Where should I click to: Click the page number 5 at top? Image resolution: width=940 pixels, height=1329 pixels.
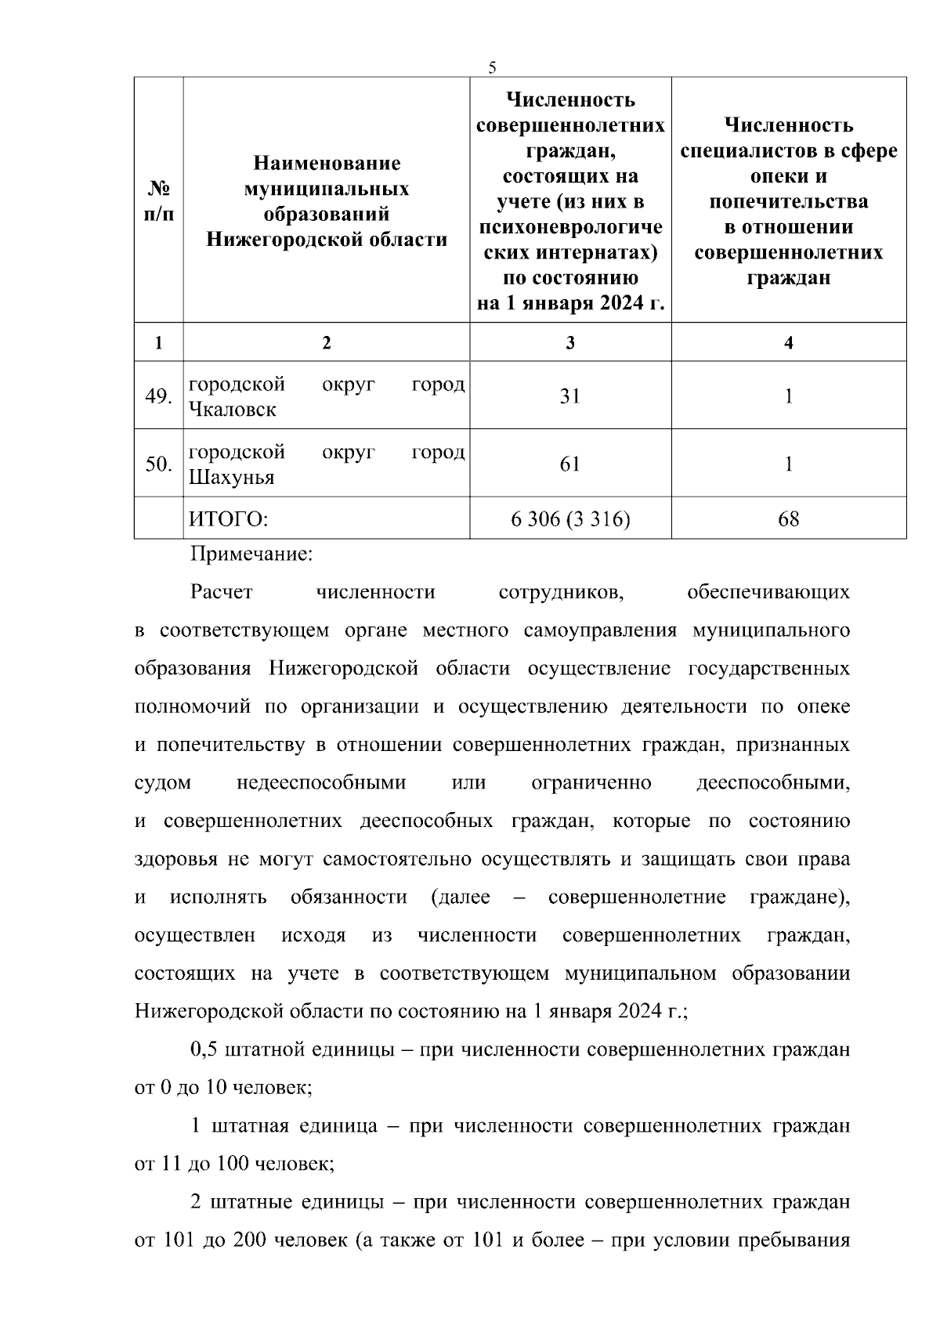pos(492,67)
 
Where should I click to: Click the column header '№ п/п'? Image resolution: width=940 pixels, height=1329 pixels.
pos(159,200)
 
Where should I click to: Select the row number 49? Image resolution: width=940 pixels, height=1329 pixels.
pos(158,396)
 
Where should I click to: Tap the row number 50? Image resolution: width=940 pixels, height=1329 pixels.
pos(158,464)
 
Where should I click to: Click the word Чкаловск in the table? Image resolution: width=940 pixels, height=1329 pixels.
pos(233,410)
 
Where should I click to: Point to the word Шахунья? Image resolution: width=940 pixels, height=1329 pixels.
pos(232,478)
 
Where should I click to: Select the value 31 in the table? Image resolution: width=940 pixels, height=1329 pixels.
pos(569,396)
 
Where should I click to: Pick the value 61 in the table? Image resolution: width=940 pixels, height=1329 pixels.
pos(569,464)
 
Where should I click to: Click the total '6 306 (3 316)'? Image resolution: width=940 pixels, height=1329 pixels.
pos(569,518)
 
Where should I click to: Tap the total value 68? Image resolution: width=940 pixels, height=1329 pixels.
pos(788,518)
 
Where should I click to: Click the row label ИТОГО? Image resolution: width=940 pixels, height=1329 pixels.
pos(229,518)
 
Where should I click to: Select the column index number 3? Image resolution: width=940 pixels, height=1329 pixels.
pos(569,343)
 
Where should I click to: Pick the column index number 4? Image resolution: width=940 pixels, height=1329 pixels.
pos(788,343)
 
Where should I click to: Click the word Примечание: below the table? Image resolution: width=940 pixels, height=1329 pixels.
pos(251,554)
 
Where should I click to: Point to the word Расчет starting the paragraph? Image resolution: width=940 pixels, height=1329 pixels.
pos(222,592)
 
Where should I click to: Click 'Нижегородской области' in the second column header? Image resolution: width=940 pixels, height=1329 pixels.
pos(327,240)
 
